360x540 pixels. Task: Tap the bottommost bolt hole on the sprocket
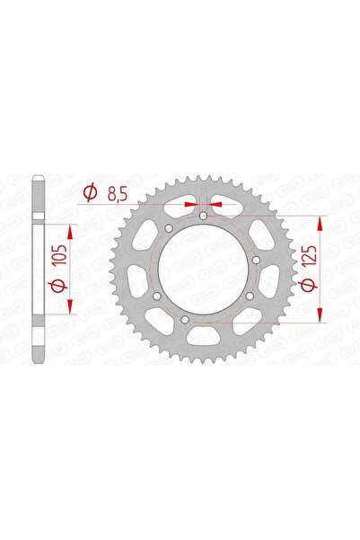pyautogui.click(x=184, y=321)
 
